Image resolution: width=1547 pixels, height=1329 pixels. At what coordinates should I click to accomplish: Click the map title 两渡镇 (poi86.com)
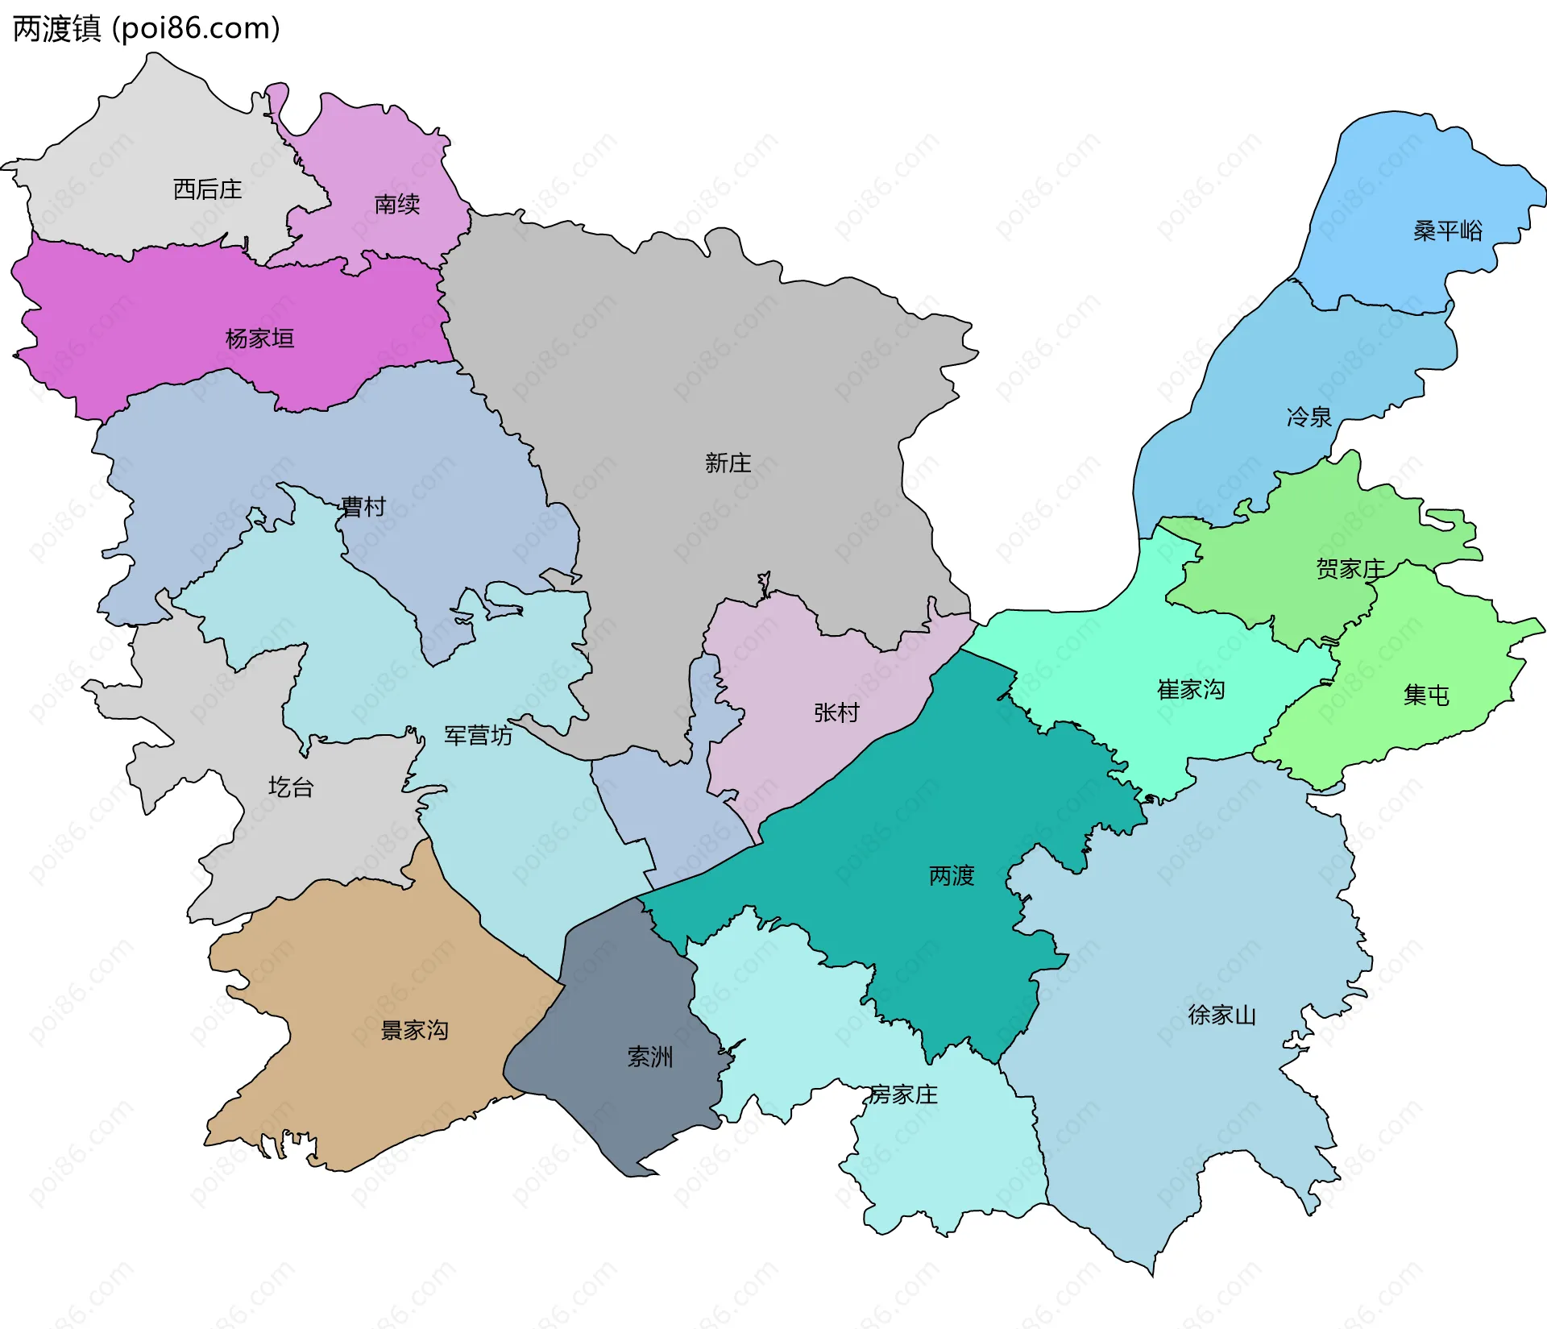[146, 28]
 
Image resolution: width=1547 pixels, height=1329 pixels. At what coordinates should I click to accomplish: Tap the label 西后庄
[207, 189]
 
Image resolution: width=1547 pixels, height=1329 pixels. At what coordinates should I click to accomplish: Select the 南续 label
[396, 204]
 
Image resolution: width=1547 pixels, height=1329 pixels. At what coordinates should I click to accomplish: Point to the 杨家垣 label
[259, 338]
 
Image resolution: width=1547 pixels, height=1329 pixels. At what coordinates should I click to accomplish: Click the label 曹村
[363, 507]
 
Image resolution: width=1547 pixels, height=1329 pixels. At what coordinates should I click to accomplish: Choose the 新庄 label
[728, 463]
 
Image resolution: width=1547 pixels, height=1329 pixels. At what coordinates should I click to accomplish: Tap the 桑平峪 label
[1447, 231]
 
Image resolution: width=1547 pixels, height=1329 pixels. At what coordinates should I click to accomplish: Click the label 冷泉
[1309, 417]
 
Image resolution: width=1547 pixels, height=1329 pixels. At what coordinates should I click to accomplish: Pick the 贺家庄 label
[1350, 569]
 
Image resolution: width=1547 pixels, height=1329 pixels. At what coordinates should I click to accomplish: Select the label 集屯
[1425, 695]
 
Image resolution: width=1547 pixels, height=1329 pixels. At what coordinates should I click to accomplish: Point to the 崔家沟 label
[1190, 690]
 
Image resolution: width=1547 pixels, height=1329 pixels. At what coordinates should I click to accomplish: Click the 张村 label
[836, 712]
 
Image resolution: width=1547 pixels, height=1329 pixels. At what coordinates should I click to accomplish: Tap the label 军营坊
[478, 736]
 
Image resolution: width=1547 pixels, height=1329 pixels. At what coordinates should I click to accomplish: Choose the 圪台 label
[290, 787]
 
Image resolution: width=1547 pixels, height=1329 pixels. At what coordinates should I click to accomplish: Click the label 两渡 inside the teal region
[951, 875]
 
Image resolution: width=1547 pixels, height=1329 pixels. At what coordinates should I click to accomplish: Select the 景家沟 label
[413, 1030]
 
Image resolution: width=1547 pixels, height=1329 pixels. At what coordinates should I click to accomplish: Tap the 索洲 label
[649, 1057]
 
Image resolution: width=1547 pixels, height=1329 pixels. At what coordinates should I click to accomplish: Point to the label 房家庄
[903, 1094]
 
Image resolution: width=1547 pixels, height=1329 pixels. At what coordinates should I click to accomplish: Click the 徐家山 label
[1221, 1015]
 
